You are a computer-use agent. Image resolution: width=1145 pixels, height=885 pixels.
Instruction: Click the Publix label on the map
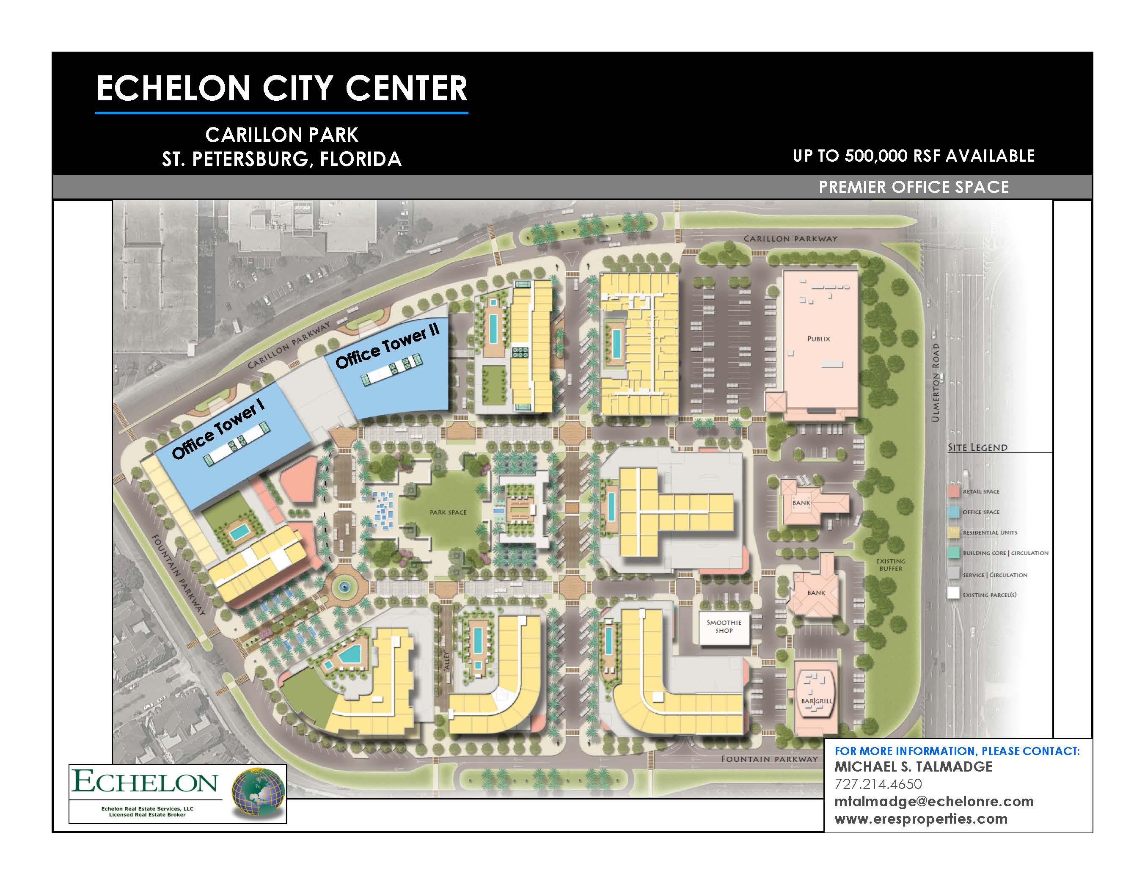tap(818, 339)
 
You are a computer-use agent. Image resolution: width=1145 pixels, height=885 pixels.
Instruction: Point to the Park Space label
tap(448, 512)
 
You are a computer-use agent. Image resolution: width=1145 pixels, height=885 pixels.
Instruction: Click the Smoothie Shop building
tap(724, 626)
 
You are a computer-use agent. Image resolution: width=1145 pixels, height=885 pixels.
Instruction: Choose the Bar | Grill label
tap(816, 700)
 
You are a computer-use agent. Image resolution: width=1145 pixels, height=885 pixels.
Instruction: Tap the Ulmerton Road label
tap(936, 383)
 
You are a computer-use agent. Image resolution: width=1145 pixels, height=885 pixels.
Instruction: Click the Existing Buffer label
tap(891, 565)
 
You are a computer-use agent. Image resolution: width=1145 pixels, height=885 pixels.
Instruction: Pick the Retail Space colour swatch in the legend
tap(954, 491)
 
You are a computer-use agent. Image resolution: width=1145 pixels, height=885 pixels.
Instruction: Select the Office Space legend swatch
tap(954, 512)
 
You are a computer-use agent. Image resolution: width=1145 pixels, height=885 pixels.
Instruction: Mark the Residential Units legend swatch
tap(954, 532)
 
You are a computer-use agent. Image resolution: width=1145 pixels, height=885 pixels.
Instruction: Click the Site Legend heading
tap(977, 447)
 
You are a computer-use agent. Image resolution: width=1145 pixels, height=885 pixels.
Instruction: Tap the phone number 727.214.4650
tap(878, 784)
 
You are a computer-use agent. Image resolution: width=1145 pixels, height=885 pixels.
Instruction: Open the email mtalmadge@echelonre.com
tap(934, 801)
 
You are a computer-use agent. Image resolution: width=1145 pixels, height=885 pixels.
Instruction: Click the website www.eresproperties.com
tap(921, 819)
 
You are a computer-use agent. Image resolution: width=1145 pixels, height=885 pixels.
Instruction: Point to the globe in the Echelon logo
tap(258, 793)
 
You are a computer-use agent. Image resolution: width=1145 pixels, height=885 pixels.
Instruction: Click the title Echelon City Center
tap(281, 88)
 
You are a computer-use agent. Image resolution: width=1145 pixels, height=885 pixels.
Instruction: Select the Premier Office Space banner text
tap(914, 187)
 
